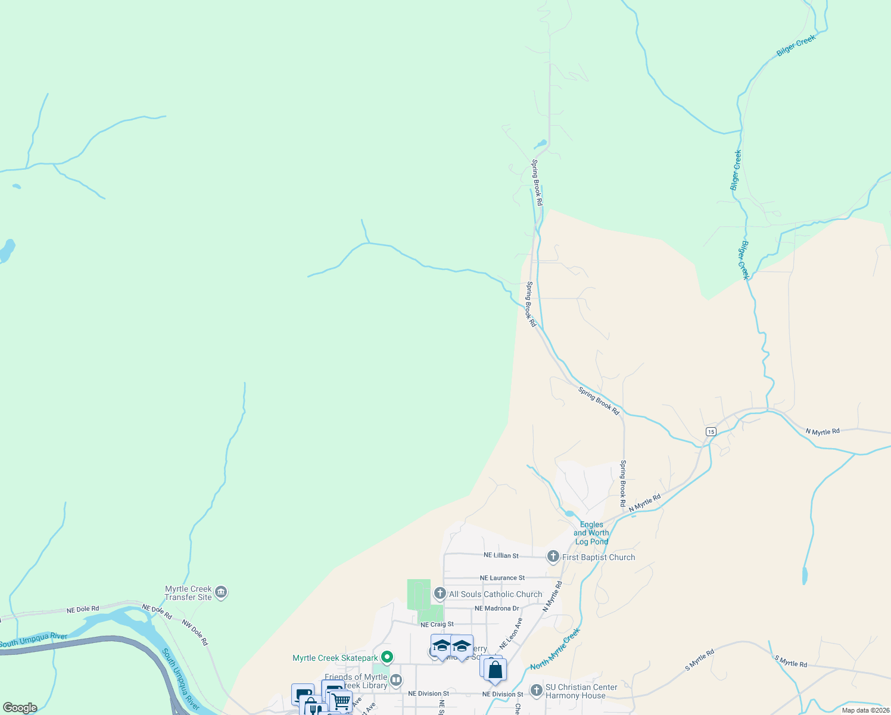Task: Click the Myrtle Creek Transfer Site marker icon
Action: [221, 592]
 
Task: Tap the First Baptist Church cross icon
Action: [553, 557]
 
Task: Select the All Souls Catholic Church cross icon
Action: [440, 593]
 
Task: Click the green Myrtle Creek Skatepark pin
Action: [387, 658]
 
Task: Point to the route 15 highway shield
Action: [711, 431]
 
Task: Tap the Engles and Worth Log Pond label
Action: [591, 533]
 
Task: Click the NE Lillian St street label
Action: [501, 555]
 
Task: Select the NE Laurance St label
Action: [502, 578]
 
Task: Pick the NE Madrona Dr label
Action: [497, 608]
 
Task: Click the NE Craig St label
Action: [437, 624]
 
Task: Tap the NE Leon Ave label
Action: [511, 633]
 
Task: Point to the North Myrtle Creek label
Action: [554, 649]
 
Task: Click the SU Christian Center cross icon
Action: [536, 691]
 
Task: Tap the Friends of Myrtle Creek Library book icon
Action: [395, 680]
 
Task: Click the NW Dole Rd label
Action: [195, 633]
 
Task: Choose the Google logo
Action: [20, 708]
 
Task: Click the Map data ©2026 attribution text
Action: [865, 710]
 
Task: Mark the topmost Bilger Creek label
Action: [796, 46]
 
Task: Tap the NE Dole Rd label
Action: [82, 610]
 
